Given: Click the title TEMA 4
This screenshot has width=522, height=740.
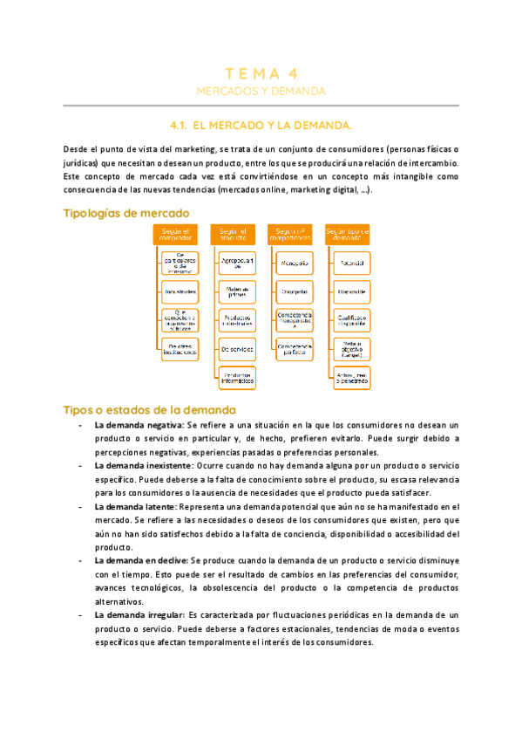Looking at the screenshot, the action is pos(261,73).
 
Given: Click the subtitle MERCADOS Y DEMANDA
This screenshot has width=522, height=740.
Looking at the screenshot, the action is pos(261,91).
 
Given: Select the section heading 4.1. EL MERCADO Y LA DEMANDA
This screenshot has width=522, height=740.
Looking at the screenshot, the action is pos(261,125).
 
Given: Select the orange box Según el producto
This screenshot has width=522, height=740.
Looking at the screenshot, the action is pos(233,234).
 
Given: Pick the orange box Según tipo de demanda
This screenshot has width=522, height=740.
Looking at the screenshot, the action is pos(347,234).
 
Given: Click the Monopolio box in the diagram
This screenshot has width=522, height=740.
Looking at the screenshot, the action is pos(293,262).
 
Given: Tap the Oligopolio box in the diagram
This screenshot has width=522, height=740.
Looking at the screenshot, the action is pos(293,291).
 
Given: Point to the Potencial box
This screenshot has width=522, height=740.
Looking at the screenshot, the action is pos(352,262).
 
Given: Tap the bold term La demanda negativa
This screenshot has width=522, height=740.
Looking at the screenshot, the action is pos(139,424).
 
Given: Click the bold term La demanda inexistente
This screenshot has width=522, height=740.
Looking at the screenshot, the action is pos(143,466).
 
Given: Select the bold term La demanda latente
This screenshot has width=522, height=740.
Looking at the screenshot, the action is pos(134,506).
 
